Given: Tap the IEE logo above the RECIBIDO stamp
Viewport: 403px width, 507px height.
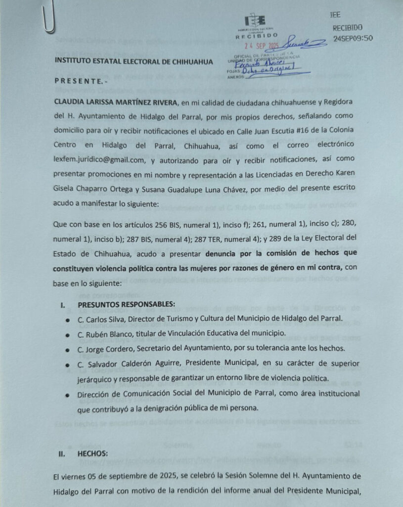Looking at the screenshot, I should pos(256,21).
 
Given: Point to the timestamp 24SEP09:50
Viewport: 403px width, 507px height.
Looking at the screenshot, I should pos(353,38).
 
